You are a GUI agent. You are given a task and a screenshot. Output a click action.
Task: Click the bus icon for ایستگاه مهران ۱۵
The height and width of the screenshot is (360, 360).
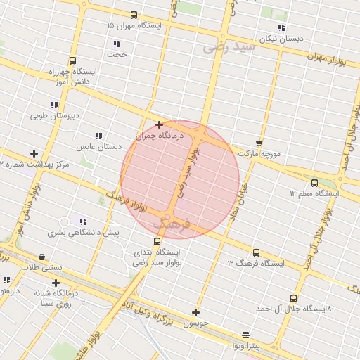(134, 15)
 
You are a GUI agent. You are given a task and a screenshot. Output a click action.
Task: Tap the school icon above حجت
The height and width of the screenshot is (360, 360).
(116, 44)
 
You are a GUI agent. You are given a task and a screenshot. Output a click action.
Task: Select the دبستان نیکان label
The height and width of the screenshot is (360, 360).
(281, 39)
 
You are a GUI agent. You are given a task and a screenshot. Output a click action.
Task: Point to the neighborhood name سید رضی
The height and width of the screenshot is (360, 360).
(228, 48)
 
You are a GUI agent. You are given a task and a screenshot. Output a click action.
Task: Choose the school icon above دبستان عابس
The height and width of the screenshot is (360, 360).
(98, 136)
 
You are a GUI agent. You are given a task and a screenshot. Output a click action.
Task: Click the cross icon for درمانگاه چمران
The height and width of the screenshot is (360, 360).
(159, 124)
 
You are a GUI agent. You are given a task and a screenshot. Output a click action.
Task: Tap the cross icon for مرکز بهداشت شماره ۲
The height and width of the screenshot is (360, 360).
(34, 153)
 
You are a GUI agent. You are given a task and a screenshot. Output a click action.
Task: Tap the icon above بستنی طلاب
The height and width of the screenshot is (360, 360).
(44, 257)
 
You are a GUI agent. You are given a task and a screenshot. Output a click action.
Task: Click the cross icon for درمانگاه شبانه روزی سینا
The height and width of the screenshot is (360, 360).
(55, 283)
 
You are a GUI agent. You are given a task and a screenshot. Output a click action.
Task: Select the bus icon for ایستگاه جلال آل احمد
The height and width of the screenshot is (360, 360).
(293, 298)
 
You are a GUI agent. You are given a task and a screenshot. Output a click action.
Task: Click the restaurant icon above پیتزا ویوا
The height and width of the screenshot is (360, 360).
(245, 335)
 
